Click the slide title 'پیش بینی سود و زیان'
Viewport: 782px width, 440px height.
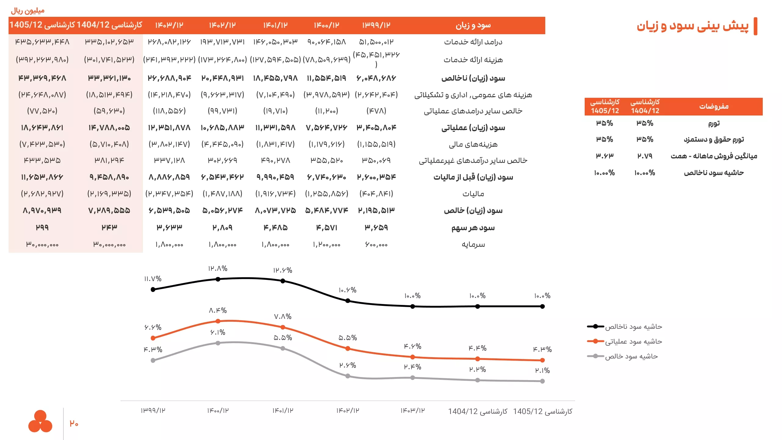[x=692, y=26]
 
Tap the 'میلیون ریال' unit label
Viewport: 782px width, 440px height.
[x=28, y=11]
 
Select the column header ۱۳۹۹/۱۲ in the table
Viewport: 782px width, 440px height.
[x=376, y=25]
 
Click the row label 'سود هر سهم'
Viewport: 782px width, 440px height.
[x=473, y=228]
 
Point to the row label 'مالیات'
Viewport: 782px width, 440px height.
[x=473, y=194]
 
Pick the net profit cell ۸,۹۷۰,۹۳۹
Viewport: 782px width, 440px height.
[x=42, y=211]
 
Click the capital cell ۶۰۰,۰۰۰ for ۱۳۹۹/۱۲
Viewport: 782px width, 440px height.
[x=376, y=244]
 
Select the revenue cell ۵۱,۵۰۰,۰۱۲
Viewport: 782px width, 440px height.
[x=376, y=42]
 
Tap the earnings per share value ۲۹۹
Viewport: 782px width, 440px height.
[x=42, y=228]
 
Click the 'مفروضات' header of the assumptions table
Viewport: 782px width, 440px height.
[x=714, y=106]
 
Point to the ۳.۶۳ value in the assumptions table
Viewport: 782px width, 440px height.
[x=605, y=156]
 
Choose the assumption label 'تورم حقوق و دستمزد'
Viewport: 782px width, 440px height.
[x=714, y=140]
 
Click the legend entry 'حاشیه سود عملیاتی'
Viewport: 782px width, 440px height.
[x=634, y=341]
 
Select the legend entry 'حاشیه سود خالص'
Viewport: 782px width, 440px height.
[x=631, y=356]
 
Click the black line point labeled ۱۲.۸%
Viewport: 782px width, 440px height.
[x=218, y=279]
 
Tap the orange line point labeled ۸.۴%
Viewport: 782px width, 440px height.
[x=218, y=321]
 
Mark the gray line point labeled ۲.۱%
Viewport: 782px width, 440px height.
[x=542, y=381]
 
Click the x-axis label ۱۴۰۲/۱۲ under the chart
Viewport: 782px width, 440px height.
[x=348, y=411]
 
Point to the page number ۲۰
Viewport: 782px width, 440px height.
[x=74, y=424]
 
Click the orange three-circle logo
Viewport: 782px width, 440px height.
[x=40, y=421]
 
